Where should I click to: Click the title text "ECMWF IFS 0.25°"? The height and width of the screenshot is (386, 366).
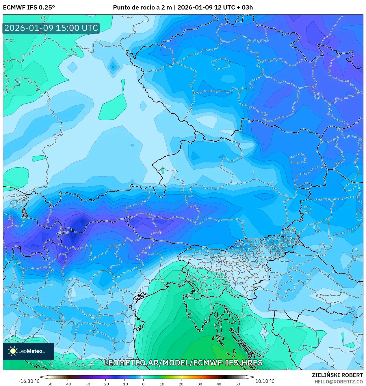[29, 7]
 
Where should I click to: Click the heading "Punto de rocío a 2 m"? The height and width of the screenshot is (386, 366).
[142, 7]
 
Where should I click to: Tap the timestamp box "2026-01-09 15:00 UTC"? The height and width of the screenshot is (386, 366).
[51, 28]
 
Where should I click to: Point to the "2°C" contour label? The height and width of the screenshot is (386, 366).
[8, 40]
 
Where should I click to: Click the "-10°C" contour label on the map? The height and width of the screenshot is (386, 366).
[63, 233]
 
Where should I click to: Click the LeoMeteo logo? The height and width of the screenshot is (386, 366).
[28, 351]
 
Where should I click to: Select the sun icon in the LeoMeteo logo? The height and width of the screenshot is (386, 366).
[13, 351]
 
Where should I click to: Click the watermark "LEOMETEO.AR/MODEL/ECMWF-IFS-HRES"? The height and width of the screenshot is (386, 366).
[183, 363]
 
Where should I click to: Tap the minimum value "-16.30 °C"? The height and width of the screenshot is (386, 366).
[29, 381]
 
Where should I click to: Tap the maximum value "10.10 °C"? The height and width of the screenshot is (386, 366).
[265, 381]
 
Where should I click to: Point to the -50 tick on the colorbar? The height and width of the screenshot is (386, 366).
[49, 384]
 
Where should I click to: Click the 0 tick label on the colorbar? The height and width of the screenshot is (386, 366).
[143, 384]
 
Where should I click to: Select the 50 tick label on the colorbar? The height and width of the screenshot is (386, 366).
[238, 384]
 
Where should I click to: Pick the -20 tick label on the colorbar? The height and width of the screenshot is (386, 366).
[105, 384]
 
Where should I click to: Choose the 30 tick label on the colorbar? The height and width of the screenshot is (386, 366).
[200, 384]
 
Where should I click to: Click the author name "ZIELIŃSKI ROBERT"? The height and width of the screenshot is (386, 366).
[337, 375]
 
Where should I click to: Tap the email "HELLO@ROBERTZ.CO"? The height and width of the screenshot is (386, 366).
[339, 382]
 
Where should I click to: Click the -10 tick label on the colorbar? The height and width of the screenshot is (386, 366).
[124, 384]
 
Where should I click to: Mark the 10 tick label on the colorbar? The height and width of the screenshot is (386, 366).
[162, 384]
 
